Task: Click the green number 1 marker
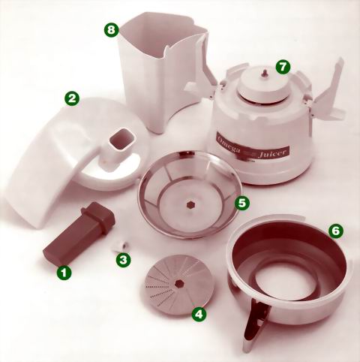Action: (64, 272)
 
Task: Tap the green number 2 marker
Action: (72, 99)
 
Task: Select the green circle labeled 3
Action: (123, 260)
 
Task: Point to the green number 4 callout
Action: (199, 313)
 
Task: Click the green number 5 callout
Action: (242, 203)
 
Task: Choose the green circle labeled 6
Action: (336, 231)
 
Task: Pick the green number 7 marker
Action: (283, 67)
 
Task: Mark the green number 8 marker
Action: (111, 30)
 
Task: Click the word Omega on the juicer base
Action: (229, 145)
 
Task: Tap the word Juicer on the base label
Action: (272, 152)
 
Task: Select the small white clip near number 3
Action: (120, 246)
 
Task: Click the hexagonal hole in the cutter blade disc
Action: (178, 283)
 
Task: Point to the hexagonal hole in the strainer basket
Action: (191, 205)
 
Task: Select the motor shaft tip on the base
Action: (264, 73)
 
